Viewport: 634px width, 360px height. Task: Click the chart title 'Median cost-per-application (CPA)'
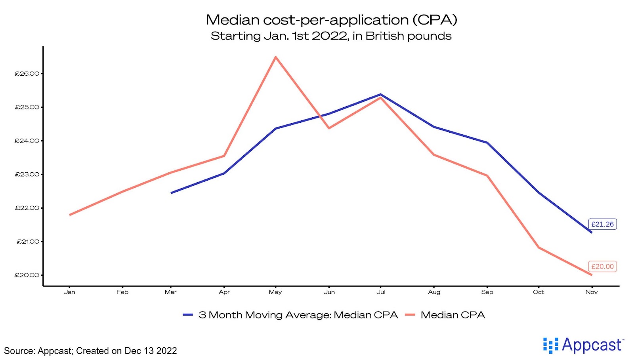click(x=331, y=20)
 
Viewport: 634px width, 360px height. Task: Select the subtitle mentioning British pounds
click(x=331, y=36)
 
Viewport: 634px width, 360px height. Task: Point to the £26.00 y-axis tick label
click(x=27, y=74)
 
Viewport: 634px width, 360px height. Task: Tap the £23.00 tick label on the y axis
click(x=27, y=174)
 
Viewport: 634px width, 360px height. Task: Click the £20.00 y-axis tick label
click(x=27, y=275)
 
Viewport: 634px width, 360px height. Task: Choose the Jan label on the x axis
click(x=69, y=292)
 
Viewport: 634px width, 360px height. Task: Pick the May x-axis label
click(x=275, y=292)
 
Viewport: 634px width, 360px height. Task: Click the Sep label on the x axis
click(x=487, y=292)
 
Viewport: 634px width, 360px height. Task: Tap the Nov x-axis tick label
click(x=592, y=292)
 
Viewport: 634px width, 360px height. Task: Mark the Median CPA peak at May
click(x=276, y=57)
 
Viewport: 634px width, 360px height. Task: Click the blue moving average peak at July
click(x=380, y=94)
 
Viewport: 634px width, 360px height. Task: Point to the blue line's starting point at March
click(x=171, y=193)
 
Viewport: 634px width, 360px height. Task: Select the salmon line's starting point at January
click(x=70, y=215)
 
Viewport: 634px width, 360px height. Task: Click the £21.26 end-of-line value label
click(x=602, y=224)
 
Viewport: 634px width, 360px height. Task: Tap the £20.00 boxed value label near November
click(x=602, y=267)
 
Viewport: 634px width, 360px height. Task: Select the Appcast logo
click(x=583, y=345)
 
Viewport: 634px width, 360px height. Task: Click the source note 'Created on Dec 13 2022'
click(x=126, y=351)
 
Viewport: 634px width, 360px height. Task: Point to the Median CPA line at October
click(x=539, y=248)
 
